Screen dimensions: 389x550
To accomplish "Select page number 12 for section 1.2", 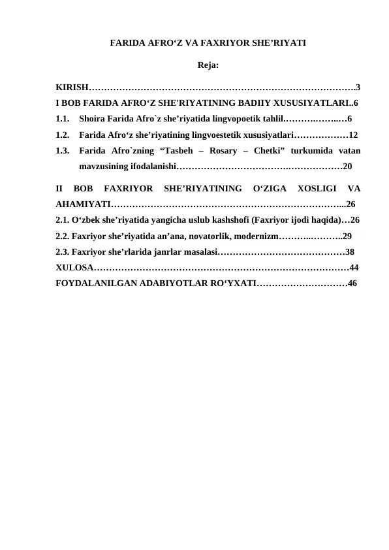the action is click(352, 135).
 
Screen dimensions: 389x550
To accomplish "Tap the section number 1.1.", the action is click(63, 120).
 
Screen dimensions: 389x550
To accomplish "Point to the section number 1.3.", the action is click(63, 151).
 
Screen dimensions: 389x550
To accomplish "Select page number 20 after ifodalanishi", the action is click(348, 167).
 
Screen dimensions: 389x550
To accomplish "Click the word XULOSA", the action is click(74, 267).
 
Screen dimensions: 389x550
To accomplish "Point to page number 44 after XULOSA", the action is click(354, 267).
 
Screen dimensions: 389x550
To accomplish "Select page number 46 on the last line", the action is click(352, 283).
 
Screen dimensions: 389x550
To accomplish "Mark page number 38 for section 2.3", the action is click(350, 251).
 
